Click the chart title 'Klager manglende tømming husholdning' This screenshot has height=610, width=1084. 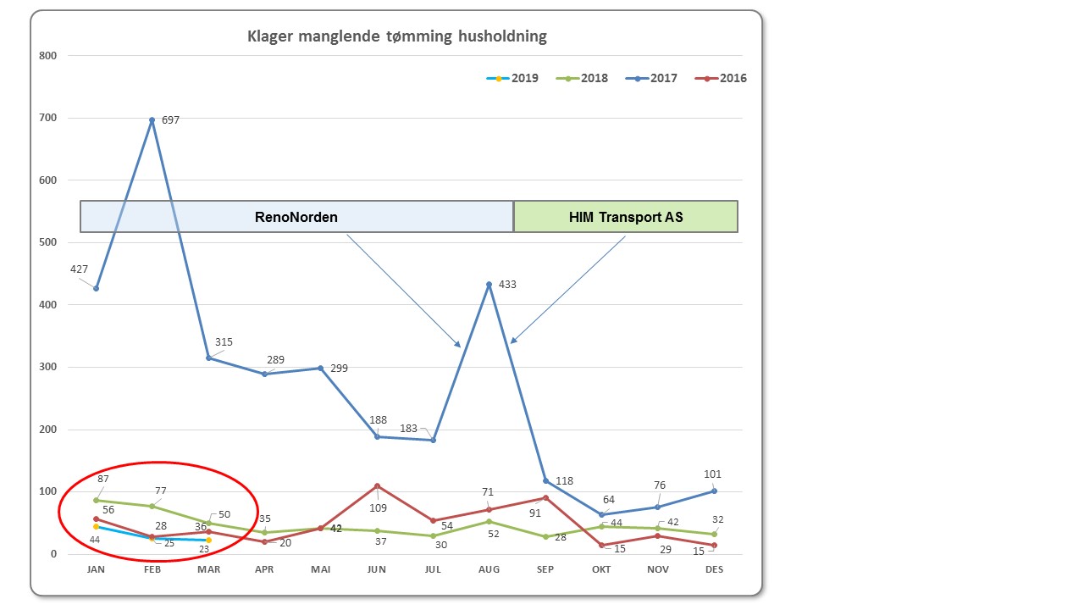click(x=396, y=36)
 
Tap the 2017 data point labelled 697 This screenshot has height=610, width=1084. click(x=152, y=120)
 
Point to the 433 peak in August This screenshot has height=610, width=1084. click(x=489, y=285)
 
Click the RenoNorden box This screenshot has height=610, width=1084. click(x=296, y=217)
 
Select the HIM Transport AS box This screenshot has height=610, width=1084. click(x=626, y=217)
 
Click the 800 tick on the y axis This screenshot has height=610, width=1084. click(x=47, y=56)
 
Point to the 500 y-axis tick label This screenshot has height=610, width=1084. click(x=47, y=242)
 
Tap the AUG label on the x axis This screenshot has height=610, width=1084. click(x=489, y=569)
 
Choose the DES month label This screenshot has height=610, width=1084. click(x=714, y=569)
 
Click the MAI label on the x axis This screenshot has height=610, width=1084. click(x=321, y=569)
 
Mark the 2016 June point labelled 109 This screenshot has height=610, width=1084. click(x=377, y=486)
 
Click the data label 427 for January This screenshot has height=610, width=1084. click(x=79, y=269)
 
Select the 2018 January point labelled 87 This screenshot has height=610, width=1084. click(x=97, y=500)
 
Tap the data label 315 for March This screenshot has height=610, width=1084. click(x=224, y=342)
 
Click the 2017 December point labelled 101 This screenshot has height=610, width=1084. click(x=714, y=491)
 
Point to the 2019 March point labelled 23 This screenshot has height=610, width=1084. click(x=208, y=540)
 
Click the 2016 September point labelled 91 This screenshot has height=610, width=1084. click(x=545, y=497)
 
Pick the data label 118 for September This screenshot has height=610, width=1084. click(x=564, y=481)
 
